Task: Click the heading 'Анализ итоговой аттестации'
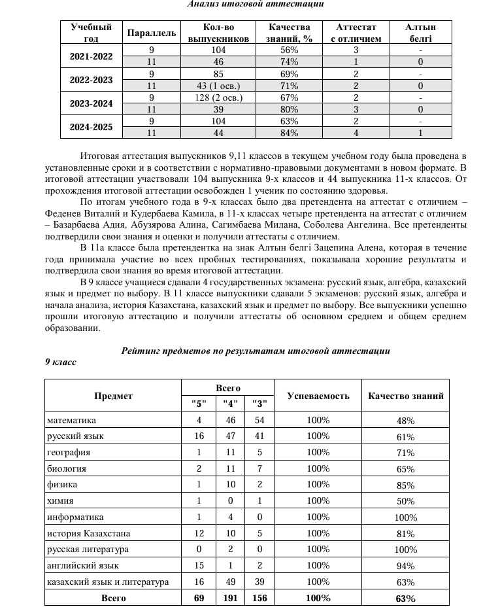click(x=256, y=4)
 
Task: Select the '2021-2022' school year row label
click(x=92, y=56)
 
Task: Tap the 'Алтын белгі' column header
click(x=420, y=33)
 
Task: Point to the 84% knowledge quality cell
click(x=290, y=133)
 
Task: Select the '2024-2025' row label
click(x=92, y=127)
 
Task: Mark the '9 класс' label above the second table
click(x=61, y=362)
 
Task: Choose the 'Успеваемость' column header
click(x=318, y=396)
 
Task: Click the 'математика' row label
click(x=71, y=420)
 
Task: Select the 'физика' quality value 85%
click(x=406, y=485)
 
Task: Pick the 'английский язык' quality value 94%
click(x=406, y=565)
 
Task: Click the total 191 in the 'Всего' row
click(x=229, y=598)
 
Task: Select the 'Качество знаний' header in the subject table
click(x=406, y=396)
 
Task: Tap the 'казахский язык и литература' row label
click(x=108, y=581)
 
